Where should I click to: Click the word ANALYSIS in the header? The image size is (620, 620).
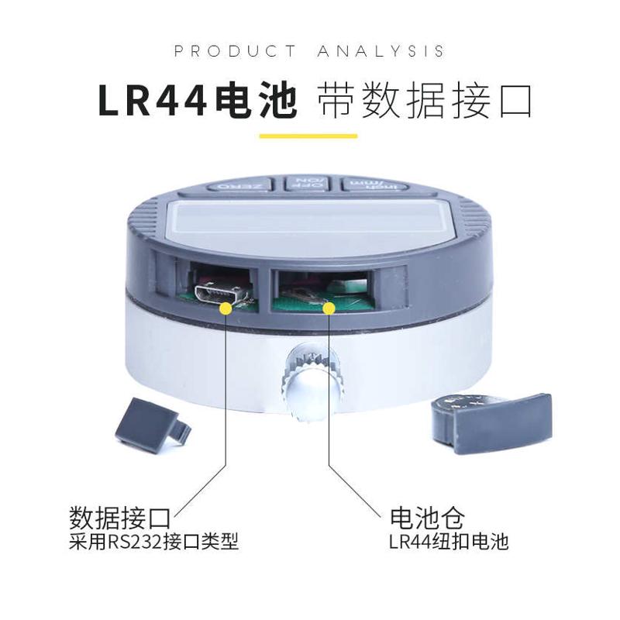coord(381,51)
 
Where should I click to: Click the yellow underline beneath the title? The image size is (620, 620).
coord(308,136)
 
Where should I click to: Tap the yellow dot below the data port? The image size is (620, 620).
coord(226,308)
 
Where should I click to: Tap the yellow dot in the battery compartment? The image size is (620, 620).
coord(329,308)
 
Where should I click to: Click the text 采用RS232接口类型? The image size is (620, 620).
coord(153,542)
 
